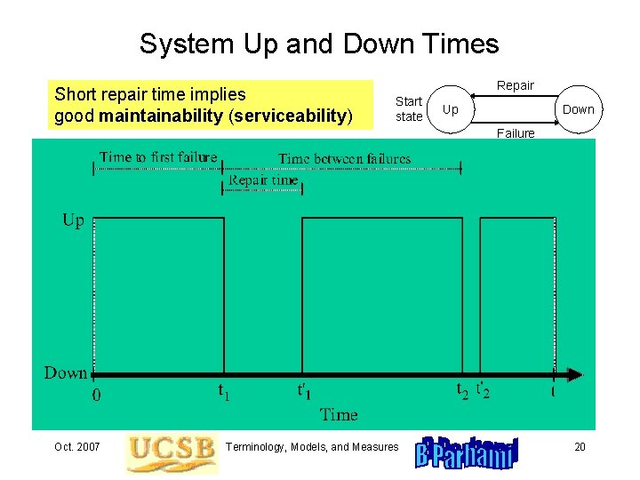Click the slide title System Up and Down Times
point(319,44)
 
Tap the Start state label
point(409,109)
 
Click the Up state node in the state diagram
point(451,109)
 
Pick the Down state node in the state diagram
point(578,109)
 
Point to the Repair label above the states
point(515,85)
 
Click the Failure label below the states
point(516,133)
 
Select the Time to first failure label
point(158,157)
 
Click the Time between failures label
point(345,158)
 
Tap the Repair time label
point(263,180)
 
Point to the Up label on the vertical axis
point(73,220)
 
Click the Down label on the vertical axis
point(66,373)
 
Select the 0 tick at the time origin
point(97,396)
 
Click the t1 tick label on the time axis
point(224,390)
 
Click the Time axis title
point(339,414)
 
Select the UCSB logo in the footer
point(171,452)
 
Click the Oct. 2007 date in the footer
point(76,446)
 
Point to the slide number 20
point(580,446)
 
